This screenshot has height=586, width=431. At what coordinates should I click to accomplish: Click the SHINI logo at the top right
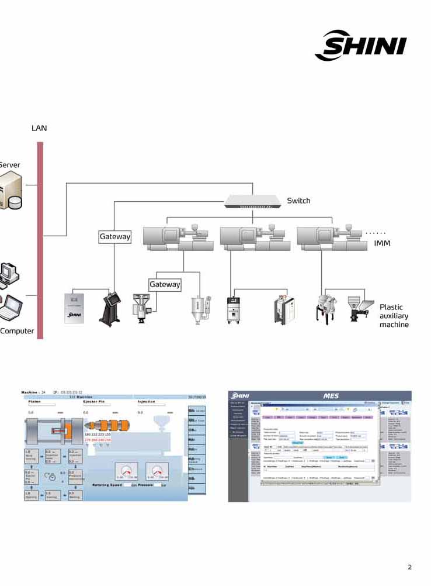pos(360,45)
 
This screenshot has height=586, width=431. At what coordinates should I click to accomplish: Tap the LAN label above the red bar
pos(39,128)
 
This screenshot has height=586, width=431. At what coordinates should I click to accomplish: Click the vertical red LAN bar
pos(40,240)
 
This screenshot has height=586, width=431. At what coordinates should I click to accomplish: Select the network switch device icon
pos(252,202)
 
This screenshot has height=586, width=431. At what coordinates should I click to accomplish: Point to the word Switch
pos(298,201)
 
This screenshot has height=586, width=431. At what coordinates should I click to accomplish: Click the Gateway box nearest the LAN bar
pos(115,237)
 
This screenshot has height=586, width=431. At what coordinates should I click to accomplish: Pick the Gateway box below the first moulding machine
pos(165,284)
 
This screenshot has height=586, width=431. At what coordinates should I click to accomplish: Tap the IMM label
pos(382,243)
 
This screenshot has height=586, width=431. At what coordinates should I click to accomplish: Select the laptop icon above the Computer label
pos(11,308)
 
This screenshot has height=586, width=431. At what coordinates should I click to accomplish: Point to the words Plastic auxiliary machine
pos(394,316)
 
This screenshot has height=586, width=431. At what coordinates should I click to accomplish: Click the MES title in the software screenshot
pos(331,396)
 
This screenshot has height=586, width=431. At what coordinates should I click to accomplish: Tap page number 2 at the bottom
pos(409,567)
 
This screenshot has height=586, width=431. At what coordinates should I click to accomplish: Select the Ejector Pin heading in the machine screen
pos(93,402)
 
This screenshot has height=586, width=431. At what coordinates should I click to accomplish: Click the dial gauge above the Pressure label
pos(158,470)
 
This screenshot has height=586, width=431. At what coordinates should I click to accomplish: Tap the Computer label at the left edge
pos(17,331)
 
